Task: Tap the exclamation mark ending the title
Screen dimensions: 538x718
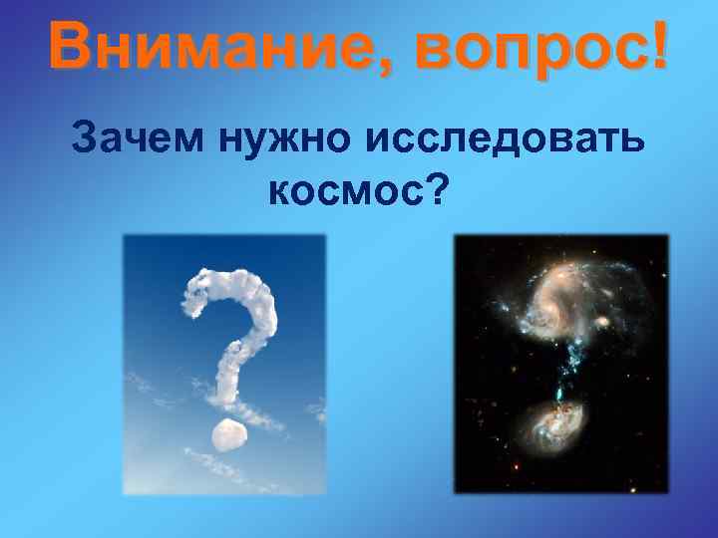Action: click(657, 45)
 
